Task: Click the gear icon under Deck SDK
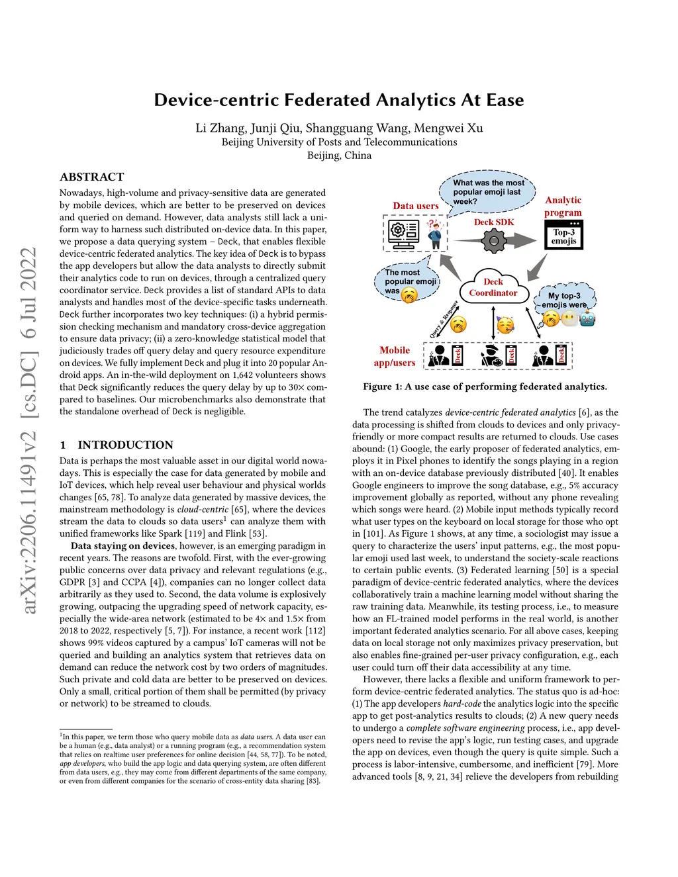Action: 494,241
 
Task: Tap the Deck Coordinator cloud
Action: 493,287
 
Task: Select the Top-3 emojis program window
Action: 564,235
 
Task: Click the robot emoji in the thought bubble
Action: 587,319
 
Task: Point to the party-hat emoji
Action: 506,326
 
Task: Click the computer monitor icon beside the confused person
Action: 401,234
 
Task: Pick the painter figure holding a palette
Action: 493,355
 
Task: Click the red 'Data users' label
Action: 416,206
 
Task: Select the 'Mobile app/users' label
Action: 395,356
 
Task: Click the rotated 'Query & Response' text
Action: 444,320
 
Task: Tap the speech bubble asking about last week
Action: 487,192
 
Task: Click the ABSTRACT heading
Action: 92,177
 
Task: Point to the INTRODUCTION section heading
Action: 125,445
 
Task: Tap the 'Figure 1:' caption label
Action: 383,387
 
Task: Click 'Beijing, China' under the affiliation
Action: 339,155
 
